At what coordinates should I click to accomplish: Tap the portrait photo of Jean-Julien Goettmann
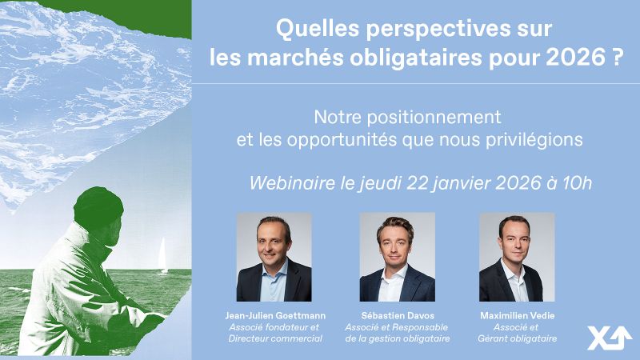click(274, 257)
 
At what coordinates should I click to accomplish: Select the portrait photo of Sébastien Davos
click(397, 257)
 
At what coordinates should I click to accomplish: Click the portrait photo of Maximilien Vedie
click(516, 257)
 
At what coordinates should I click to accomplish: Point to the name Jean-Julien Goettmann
click(274, 315)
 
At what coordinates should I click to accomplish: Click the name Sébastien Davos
click(397, 315)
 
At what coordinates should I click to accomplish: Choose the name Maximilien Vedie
click(516, 315)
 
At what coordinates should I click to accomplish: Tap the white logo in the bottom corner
click(610, 338)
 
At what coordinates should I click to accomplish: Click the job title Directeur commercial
click(274, 339)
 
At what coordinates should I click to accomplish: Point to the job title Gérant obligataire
click(516, 339)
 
